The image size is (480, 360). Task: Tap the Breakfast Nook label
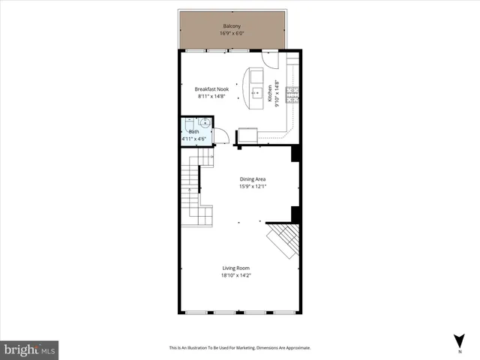211,88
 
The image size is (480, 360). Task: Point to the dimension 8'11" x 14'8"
211,96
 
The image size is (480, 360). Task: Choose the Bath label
193,132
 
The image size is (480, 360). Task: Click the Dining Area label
253,179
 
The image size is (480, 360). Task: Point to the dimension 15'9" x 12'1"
253,187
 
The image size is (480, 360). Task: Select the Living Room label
235,268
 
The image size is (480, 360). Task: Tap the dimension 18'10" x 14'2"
235,275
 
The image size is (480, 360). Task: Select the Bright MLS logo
30,349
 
